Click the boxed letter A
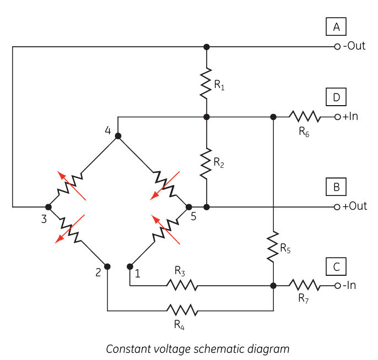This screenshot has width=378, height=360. [336, 26]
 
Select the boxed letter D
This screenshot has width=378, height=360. [336, 97]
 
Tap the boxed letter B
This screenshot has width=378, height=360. [336, 187]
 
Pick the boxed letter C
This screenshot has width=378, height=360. [336, 266]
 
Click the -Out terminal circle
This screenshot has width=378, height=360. [337, 46]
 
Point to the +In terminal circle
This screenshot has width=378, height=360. [337, 117]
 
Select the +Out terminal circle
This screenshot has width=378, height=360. [337, 207]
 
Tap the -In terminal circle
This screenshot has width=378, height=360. [337, 286]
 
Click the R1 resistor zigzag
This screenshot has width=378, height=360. [206, 83]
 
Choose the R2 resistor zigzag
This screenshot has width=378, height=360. [206, 163]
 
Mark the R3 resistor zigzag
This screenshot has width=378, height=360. [182, 285]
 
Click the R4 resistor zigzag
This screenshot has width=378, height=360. [182, 310]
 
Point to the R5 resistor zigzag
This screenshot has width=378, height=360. [273, 247]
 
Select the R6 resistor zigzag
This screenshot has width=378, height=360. [305, 117]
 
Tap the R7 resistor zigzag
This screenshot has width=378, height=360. [305, 285]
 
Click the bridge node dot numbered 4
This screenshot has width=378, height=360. [118, 136]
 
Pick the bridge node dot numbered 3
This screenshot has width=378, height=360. [48, 207]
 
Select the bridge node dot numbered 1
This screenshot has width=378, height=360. [130, 266]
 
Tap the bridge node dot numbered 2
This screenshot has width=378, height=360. [107, 266]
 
